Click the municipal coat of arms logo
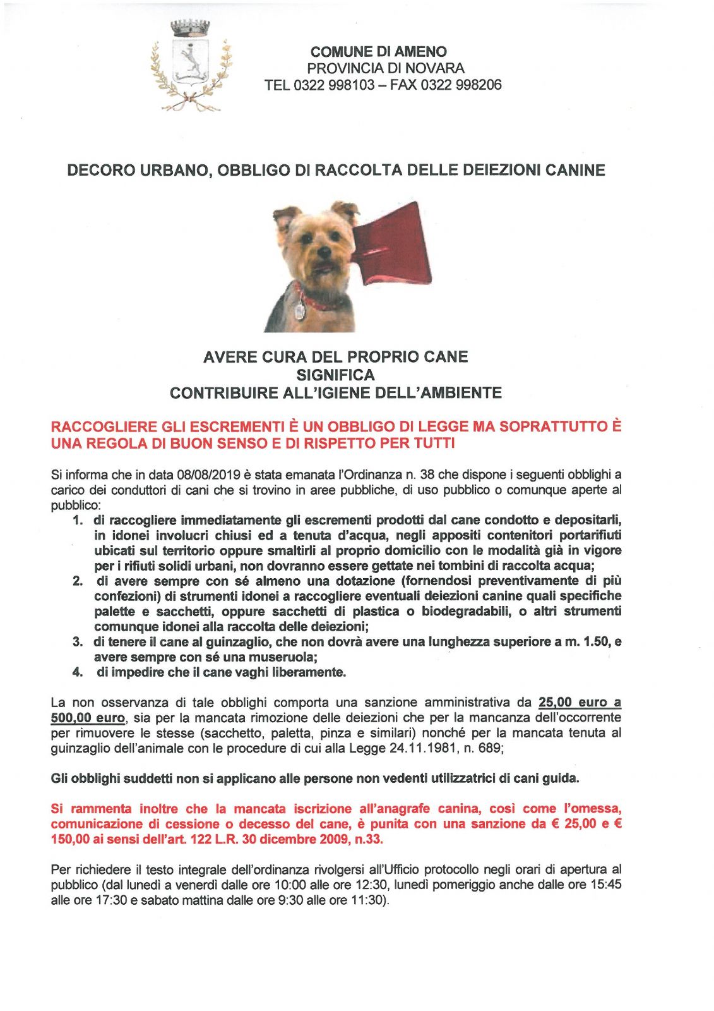tap(190, 66)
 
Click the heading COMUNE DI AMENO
tap(378, 52)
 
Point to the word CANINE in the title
tap(571, 170)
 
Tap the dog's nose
tap(324, 250)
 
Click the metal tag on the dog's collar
tap(300, 310)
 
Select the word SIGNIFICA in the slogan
tap(335, 375)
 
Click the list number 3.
tap(78, 642)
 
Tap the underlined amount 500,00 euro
tap(88, 718)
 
